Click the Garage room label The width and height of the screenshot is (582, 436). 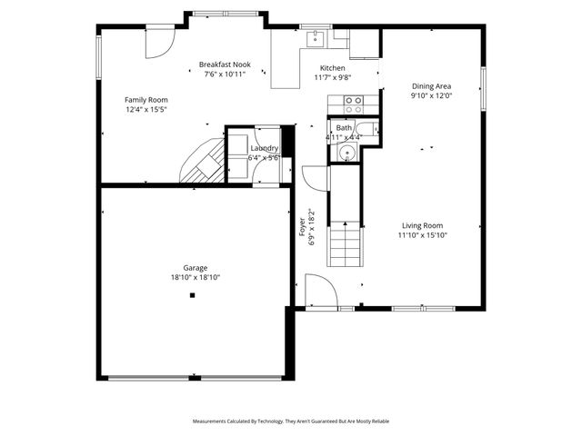[x=196, y=268]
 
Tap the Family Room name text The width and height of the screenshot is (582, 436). [x=145, y=99]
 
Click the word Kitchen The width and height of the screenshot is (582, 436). [x=332, y=69]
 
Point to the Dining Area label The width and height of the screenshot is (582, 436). [x=431, y=86]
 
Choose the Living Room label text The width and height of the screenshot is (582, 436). [x=422, y=225]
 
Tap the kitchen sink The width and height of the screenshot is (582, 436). [x=316, y=38]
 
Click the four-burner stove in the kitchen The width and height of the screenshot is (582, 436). [x=346, y=104]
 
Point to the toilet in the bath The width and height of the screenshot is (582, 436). [x=358, y=127]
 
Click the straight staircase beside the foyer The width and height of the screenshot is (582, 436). [x=346, y=243]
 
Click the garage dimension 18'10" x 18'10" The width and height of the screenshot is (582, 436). [x=196, y=278]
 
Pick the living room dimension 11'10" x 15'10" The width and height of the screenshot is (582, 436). [x=422, y=235]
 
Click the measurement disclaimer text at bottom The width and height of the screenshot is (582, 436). [x=290, y=421]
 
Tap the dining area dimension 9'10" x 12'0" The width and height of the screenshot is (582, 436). [x=431, y=96]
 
